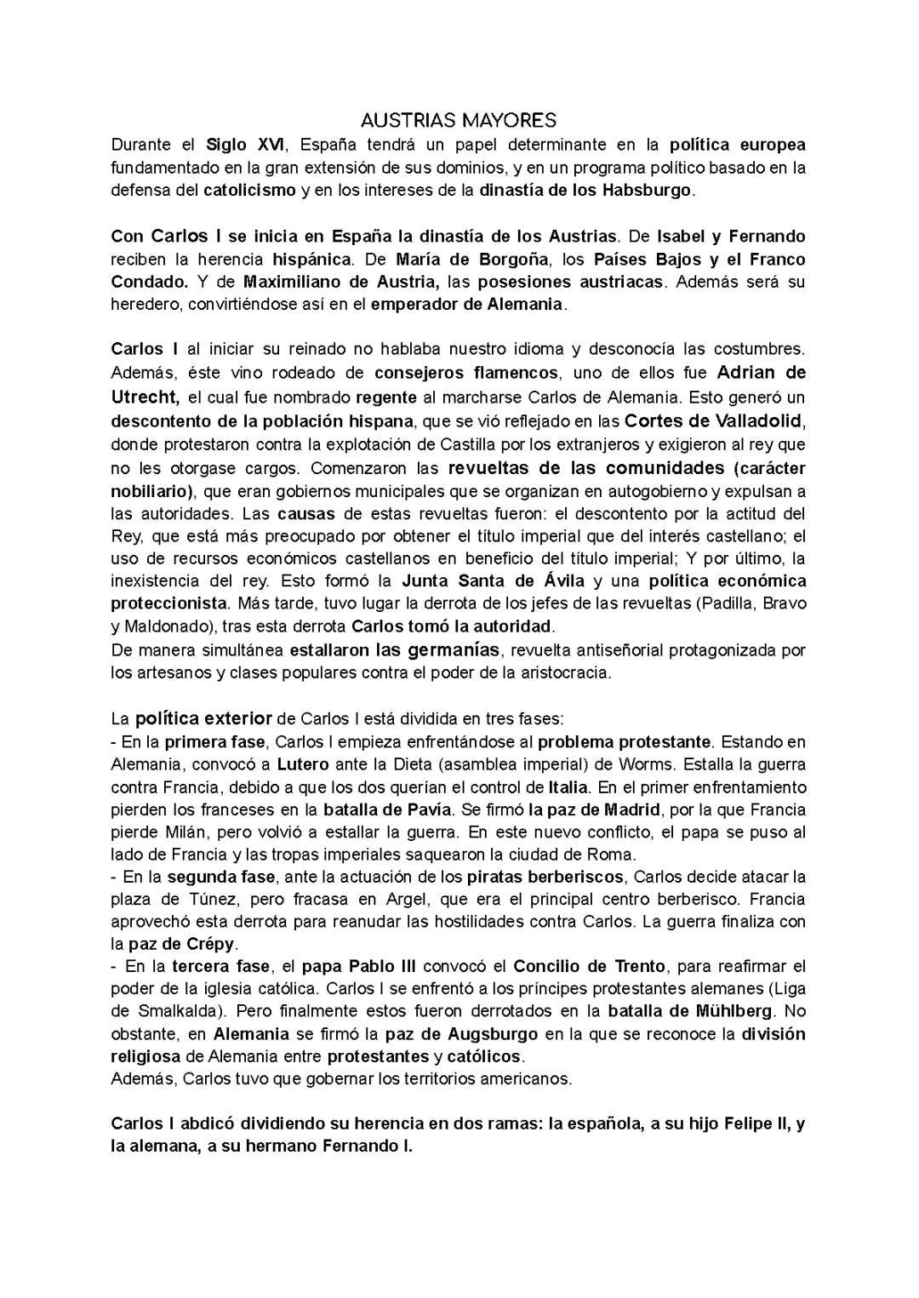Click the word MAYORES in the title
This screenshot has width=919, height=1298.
[x=507, y=118]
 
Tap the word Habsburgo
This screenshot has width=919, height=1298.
[x=646, y=190]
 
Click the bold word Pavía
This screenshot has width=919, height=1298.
[x=430, y=809]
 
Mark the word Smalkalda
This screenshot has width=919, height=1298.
[x=176, y=1011]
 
